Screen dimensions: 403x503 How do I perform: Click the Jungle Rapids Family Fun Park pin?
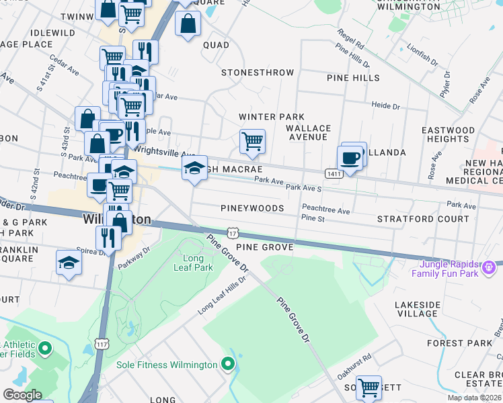[490, 267]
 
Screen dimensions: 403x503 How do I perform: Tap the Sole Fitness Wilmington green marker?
[228, 365]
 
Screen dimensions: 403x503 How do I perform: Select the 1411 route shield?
[333, 174]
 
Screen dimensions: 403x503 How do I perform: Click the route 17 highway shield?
[233, 233]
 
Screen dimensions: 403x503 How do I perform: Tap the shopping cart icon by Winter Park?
[252, 141]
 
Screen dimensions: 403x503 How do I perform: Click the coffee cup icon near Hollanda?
[350, 158]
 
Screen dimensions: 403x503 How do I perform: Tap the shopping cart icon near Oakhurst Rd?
[369, 387]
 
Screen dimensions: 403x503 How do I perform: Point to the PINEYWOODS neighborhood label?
[252, 209]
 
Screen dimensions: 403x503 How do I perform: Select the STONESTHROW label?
[258, 73]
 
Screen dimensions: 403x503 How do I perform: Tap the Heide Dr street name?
[385, 106]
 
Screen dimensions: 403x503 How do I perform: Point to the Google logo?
[22, 394]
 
